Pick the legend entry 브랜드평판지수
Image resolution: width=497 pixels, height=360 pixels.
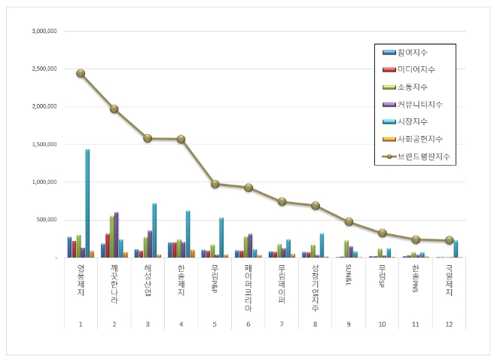coord(425,157)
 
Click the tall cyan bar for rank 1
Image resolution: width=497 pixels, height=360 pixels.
coord(87,203)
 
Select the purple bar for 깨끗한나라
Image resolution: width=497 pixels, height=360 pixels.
coord(116,235)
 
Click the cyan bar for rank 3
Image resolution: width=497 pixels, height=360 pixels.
coord(154,230)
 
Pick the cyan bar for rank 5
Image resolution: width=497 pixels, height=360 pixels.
coord(221,237)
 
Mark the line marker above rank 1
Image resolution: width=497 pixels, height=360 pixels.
coord(81,73)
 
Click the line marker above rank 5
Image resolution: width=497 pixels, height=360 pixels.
coord(215,184)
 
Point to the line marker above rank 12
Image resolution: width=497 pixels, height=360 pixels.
coord(450,240)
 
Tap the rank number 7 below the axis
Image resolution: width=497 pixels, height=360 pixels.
coord(282,324)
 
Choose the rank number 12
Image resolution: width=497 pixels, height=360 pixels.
coord(450,324)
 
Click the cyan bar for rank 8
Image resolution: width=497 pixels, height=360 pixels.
coord(322,246)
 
